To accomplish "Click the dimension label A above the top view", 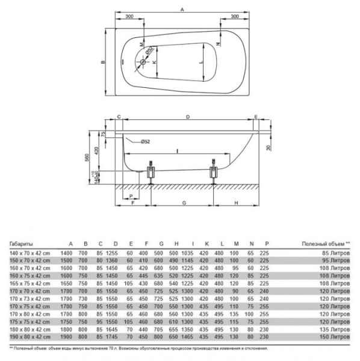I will (182, 8).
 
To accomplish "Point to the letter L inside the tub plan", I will (202, 61).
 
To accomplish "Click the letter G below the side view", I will (182, 203).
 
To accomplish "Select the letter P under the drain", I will (131, 196).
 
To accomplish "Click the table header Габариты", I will (22, 244).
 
